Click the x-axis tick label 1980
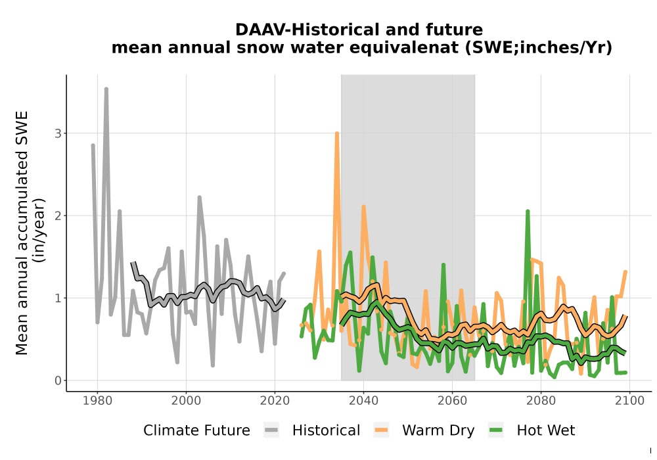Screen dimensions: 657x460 click(x=98, y=401)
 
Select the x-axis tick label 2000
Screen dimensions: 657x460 click(x=186, y=401)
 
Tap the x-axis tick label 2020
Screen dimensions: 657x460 click(x=275, y=401)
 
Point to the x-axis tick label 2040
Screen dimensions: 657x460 click(x=364, y=401)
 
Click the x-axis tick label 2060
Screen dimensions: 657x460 click(x=452, y=401)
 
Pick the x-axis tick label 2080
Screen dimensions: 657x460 click(x=541, y=401)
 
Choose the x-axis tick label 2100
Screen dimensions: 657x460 click(x=630, y=401)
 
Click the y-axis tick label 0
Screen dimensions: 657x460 click(x=58, y=381)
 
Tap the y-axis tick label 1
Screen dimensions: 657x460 click(x=58, y=298)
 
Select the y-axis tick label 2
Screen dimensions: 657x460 click(x=58, y=216)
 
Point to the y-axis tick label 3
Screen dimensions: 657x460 click(x=58, y=133)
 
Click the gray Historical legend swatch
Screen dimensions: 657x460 click(x=271, y=430)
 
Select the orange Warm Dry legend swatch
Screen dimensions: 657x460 click(x=381, y=430)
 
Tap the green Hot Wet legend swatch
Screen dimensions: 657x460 click(x=495, y=430)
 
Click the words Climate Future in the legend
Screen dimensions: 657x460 click(x=196, y=430)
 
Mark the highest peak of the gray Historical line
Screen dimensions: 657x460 click(x=106, y=89)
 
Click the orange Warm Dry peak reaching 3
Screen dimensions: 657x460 click(x=337, y=133)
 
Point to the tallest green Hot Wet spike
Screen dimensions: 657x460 click(x=528, y=212)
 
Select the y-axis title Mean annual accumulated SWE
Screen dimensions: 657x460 click(x=22, y=233)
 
